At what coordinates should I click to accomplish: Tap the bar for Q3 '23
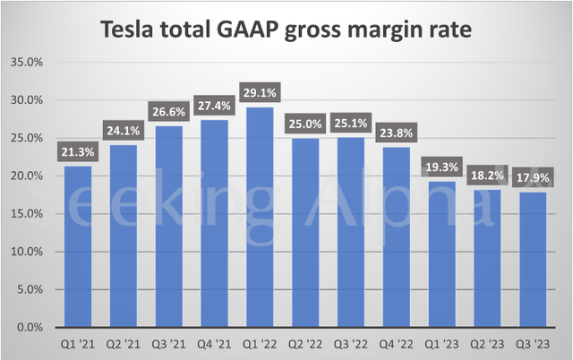pyautogui.click(x=535, y=260)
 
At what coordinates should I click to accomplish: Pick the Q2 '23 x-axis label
pyautogui.click(x=489, y=344)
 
